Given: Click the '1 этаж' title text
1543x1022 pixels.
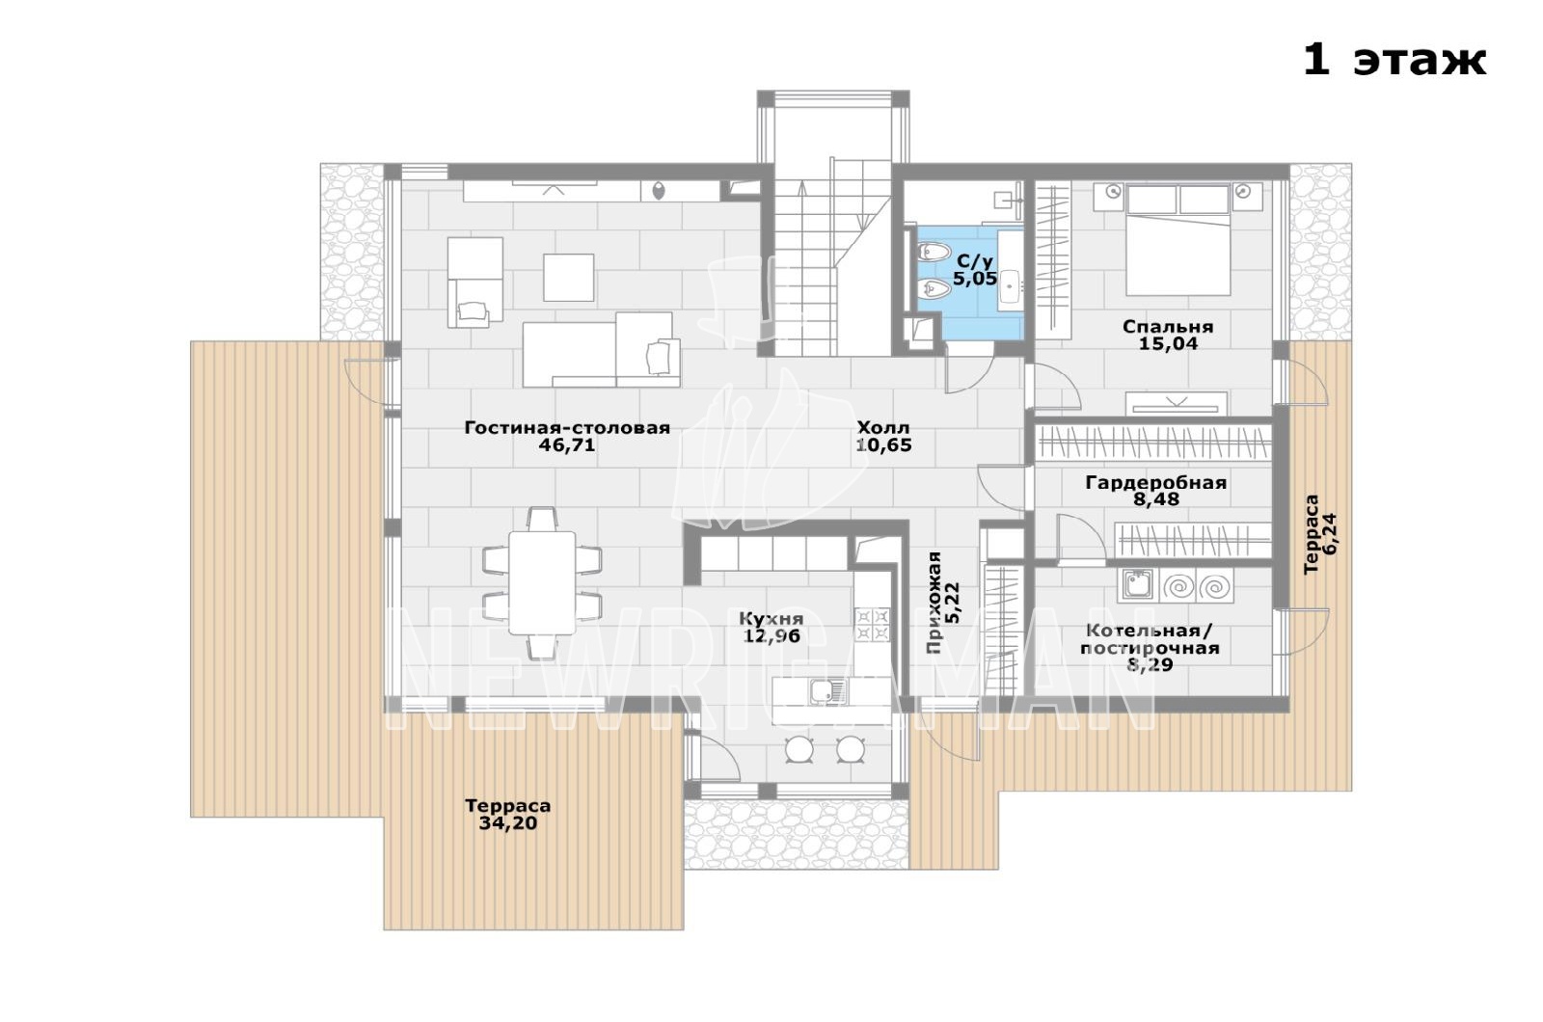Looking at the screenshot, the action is coord(1394,61).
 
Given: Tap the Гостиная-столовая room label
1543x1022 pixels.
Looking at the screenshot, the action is coord(567,428).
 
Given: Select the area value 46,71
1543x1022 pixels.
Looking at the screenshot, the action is coord(567,444).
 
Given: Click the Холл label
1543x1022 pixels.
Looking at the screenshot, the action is coord(883,427).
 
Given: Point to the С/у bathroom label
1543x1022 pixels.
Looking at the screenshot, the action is coord(975,261).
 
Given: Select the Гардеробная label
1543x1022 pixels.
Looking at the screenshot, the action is coord(1156,483).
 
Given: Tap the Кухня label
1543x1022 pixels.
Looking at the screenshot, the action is coord(771,618).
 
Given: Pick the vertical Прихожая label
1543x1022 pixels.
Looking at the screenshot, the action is coord(934,603).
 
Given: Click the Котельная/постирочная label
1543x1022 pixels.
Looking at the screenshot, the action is coord(1150,640).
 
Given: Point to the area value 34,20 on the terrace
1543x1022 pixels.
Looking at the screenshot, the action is coord(508,823).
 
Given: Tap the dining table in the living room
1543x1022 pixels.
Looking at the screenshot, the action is coord(542,582).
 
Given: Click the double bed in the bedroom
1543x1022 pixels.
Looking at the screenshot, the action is coord(1178,240).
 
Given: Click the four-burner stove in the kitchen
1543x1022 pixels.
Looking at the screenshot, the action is coord(872,625).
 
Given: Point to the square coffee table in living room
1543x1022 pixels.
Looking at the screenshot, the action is coord(568,277).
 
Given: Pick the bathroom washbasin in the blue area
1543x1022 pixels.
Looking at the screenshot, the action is coord(1011,282).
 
